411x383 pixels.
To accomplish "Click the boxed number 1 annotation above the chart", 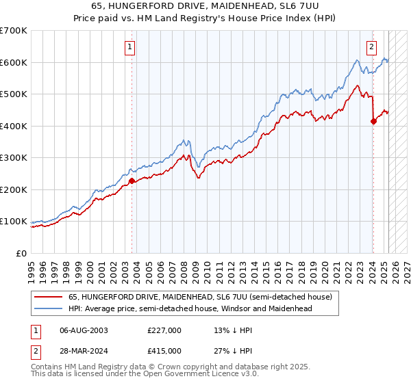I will pyautogui.click(x=130, y=47).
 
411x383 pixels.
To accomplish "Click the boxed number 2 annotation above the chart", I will pyautogui.click(x=371, y=47).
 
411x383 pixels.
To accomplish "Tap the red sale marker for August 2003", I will pyautogui.click(x=132, y=181).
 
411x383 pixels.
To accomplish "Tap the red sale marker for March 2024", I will pyautogui.click(x=373, y=122).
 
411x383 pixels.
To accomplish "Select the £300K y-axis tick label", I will pyautogui.click(x=13, y=158).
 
